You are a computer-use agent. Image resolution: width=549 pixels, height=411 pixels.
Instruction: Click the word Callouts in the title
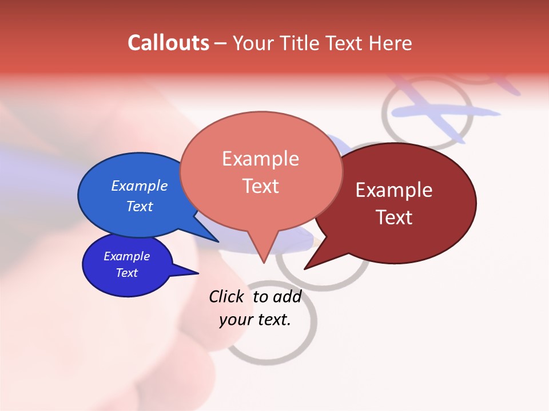pos(168,43)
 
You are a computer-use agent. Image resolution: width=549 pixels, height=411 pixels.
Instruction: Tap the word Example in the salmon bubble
pos(260,159)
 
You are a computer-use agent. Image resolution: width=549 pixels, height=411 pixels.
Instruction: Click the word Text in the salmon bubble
pos(260,186)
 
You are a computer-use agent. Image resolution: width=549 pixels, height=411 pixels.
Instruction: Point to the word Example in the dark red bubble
pos(394,190)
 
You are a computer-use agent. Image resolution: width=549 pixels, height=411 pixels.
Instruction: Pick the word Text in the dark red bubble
pos(394,217)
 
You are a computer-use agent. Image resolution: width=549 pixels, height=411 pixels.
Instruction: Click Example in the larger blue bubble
pos(140,186)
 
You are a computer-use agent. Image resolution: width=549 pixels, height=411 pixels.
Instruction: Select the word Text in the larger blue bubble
pos(140,207)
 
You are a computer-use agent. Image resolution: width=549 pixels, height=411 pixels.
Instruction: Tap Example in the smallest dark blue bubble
pos(127,256)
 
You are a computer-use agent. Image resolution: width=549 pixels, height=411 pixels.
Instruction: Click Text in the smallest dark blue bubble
pos(127,273)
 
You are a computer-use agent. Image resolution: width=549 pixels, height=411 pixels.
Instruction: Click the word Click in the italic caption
pos(226,297)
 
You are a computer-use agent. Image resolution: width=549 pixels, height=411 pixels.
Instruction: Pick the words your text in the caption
pos(255,320)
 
